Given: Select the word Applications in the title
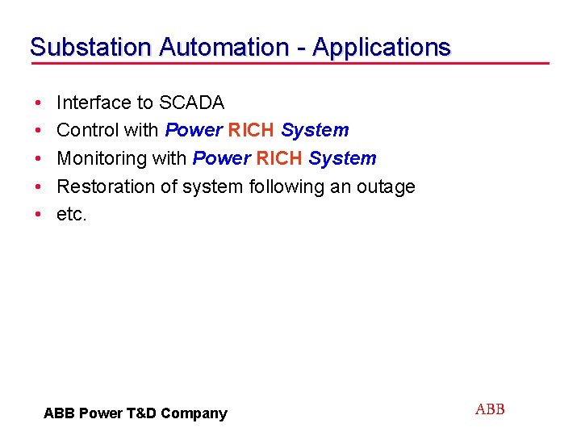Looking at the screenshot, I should tap(381, 48).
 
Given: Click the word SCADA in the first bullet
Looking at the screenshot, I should tap(192, 103).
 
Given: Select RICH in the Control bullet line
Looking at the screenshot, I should tap(252, 130).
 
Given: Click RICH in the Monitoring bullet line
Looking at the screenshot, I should tap(279, 158).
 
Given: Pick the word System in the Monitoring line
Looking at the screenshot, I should tap(342, 158).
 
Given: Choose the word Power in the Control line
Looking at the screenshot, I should tap(194, 130).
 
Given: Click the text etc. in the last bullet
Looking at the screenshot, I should tap(71, 215).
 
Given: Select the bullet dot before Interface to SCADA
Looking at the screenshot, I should tap(39, 103).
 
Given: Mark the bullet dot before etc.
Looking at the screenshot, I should tap(39, 216).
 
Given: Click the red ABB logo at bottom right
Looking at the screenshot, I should tap(490, 409).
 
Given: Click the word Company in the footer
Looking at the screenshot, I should tap(194, 414).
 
